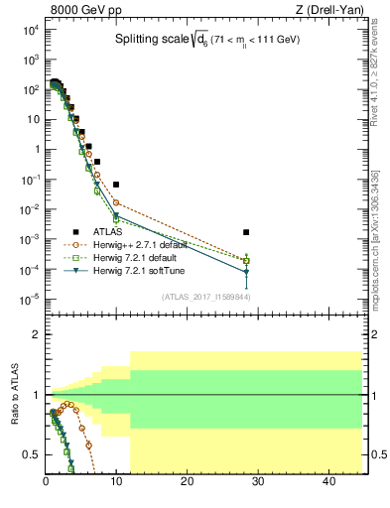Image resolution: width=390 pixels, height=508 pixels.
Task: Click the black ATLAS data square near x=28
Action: click(246, 232)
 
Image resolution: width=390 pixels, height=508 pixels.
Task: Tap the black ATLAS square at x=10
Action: click(116, 185)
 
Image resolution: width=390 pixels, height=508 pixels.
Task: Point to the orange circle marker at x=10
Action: click(116, 202)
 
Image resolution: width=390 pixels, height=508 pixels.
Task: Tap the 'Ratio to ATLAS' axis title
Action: click(15, 395)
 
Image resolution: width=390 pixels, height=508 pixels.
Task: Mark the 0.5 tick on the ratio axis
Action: click(33, 454)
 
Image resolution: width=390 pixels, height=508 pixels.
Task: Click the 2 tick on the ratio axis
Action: click(37, 335)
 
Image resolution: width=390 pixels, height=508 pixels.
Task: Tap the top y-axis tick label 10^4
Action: click(30, 30)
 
